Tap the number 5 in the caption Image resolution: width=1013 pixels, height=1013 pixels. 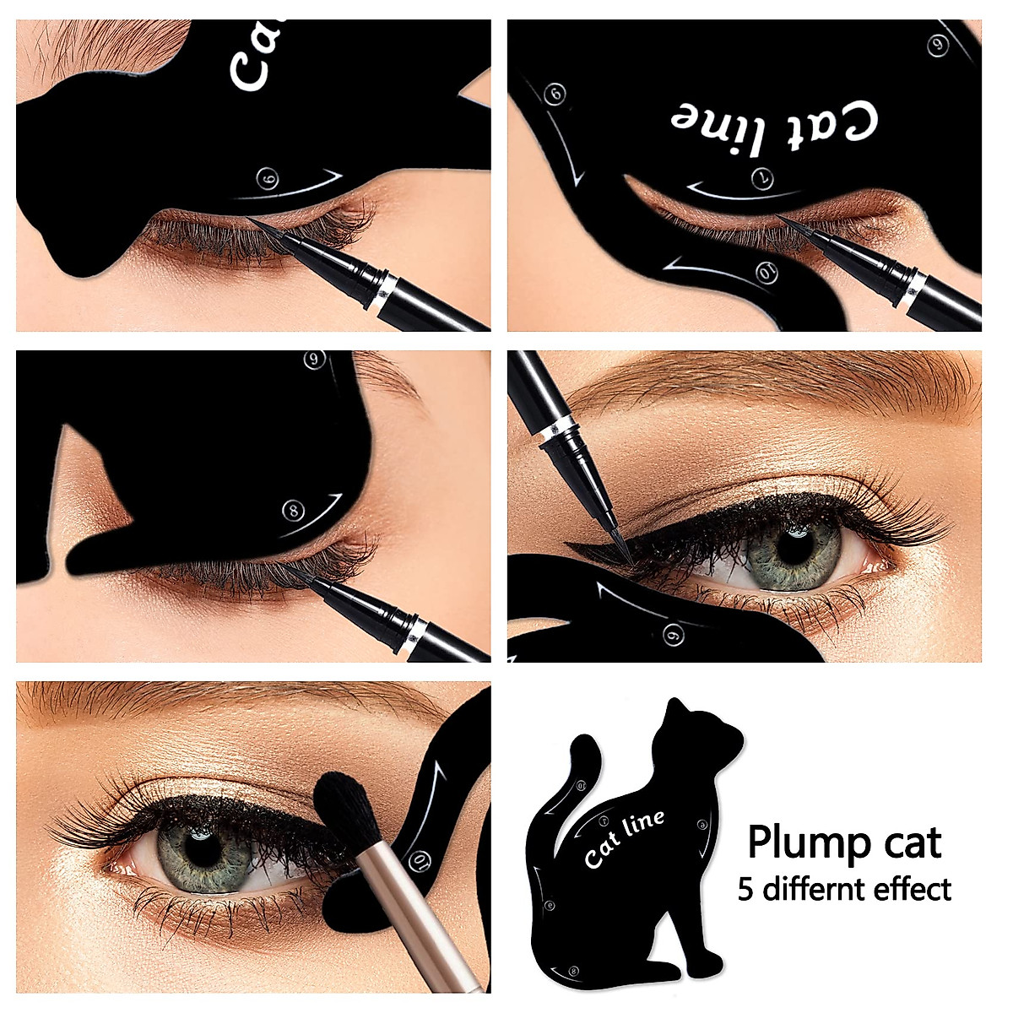[745, 890]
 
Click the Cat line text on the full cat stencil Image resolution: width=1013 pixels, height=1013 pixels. [624, 838]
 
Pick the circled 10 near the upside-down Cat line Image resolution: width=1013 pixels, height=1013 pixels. [767, 273]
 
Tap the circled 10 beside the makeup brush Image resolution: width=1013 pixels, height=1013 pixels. [422, 862]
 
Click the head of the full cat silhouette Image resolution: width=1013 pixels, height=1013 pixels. [692, 734]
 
